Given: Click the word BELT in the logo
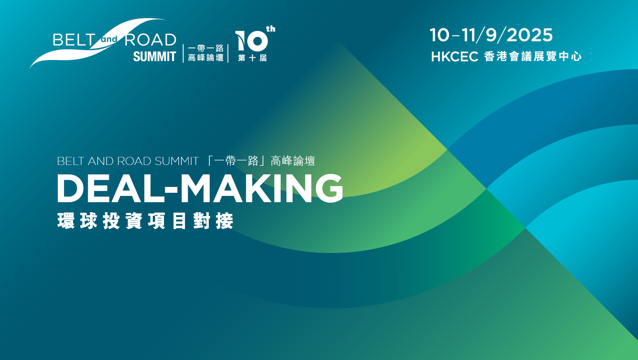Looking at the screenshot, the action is (x=74, y=39).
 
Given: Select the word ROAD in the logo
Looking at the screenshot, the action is (x=151, y=39).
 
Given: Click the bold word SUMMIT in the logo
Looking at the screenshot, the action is (x=155, y=56).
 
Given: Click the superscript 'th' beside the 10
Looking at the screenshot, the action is (x=271, y=29).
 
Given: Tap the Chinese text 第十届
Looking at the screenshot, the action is (x=252, y=58).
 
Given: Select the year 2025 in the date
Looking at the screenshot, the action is (x=530, y=35).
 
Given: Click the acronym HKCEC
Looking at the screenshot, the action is (x=455, y=57).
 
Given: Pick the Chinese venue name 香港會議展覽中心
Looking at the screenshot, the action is (x=533, y=56).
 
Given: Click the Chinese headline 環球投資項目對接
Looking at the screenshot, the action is (x=145, y=221).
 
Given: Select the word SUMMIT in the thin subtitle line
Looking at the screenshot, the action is (x=177, y=161).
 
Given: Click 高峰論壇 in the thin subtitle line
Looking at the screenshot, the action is (x=293, y=161).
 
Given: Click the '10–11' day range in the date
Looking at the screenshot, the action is (x=453, y=35).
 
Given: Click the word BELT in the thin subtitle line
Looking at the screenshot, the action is (x=71, y=161).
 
